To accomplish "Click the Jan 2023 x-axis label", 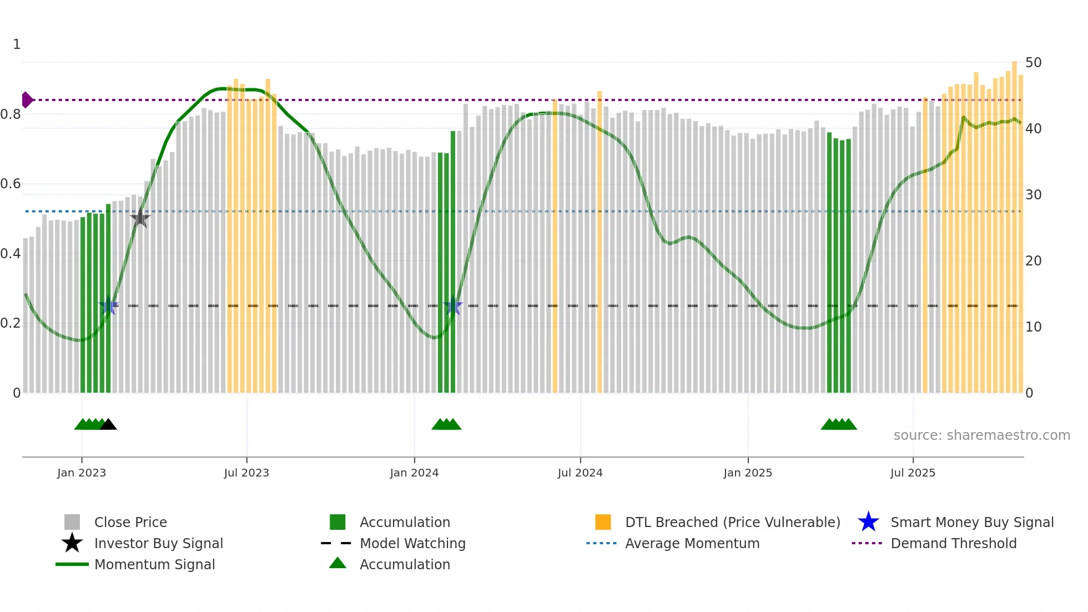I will point(82,473).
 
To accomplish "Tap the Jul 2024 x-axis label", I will point(580,473).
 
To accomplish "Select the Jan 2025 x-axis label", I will point(748,473).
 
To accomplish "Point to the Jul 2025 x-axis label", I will point(913,473).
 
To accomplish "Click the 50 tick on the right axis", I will point(1033,63).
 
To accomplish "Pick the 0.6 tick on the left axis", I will point(11,184).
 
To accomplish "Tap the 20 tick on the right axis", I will point(1033,261).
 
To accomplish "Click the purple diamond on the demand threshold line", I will point(27,100).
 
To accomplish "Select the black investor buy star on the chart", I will point(140,218).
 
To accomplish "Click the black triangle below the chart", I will point(108,425).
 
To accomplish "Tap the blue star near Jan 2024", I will point(453,305).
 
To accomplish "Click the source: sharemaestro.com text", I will point(981,435).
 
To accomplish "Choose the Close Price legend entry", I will point(130,522).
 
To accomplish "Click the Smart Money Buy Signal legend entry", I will point(971,522).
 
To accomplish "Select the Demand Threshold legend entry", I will point(953,543).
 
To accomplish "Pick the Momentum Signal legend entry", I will point(154,564).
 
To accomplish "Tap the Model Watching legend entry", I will point(412,543).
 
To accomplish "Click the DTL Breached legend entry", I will point(732,522).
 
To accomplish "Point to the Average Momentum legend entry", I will point(692,543).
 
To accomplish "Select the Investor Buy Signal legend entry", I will point(158,543).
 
